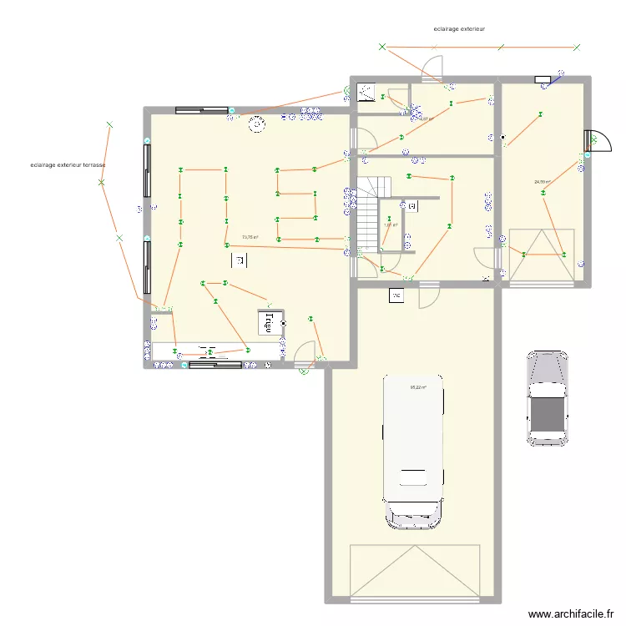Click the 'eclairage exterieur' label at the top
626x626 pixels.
tap(459, 28)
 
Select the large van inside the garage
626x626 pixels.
tap(412, 451)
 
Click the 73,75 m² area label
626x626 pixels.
tap(250, 237)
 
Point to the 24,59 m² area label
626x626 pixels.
tap(543, 182)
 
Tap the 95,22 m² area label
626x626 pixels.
tap(418, 386)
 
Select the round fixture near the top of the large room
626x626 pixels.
tap(254, 124)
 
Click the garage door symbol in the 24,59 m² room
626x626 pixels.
tap(541, 255)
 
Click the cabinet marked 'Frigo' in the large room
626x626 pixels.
tap(269, 322)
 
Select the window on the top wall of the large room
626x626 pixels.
tap(201, 109)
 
